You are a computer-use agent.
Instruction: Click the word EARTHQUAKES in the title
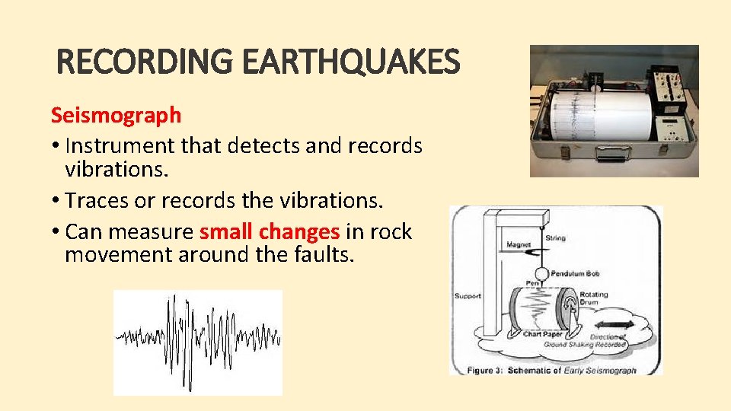(352, 62)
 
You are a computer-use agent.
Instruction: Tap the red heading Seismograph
(116, 115)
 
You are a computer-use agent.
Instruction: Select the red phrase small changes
(270, 231)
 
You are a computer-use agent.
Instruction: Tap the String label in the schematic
(556, 238)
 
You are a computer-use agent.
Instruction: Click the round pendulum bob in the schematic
(541, 272)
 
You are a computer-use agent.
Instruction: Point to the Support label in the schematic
(468, 296)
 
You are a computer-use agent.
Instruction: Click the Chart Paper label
(542, 334)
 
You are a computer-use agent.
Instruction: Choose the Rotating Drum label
(594, 299)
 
